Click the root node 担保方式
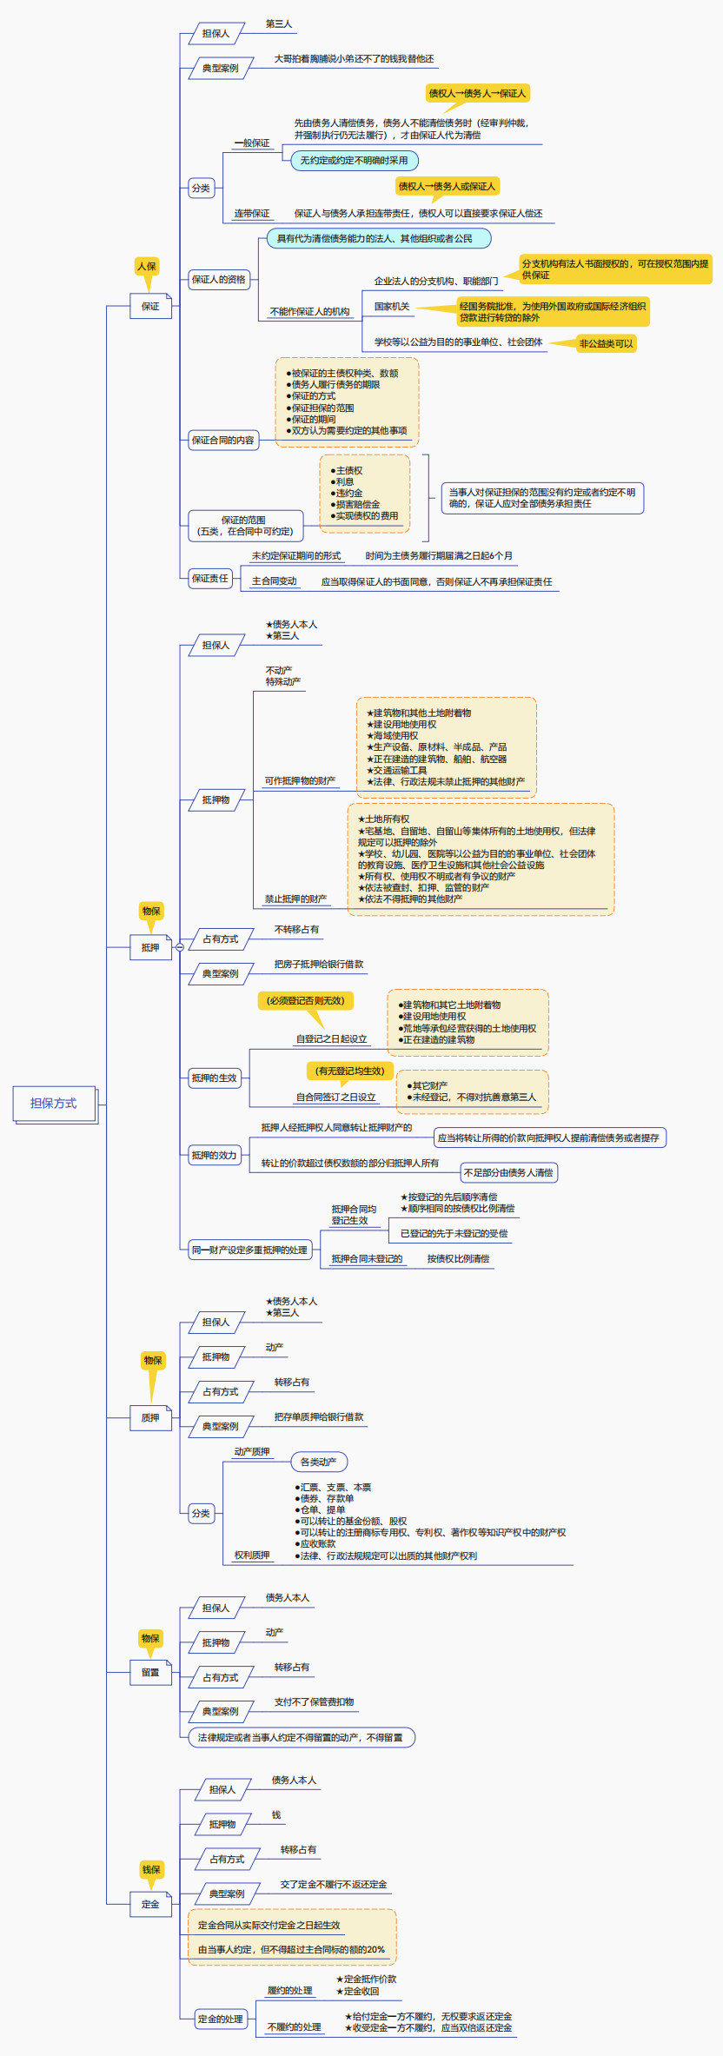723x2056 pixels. coord(54,1104)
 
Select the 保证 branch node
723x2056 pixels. coord(150,306)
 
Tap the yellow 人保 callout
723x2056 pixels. coord(147,266)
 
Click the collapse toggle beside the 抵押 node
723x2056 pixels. coord(180,947)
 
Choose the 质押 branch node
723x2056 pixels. coord(150,1417)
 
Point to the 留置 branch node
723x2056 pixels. coord(150,1672)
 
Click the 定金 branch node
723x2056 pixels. coord(150,1904)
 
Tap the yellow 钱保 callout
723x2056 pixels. coord(151,1869)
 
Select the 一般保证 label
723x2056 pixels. coord(252,143)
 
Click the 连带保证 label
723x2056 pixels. coord(252,214)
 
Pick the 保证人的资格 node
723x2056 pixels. coord(219,280)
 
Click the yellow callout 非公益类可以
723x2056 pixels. coord(606,343)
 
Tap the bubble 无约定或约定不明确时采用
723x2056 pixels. coord(354,161)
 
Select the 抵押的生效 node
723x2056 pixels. coord(215,1078)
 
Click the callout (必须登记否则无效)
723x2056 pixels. coord(305,1001)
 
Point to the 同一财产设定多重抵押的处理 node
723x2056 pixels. coord(249,1250)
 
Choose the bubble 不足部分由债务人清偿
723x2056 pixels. coord(508,1172)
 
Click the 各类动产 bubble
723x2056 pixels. coord(318,1462)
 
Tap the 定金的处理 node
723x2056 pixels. coord(220,2019)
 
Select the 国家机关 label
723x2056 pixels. coord(392,307)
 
